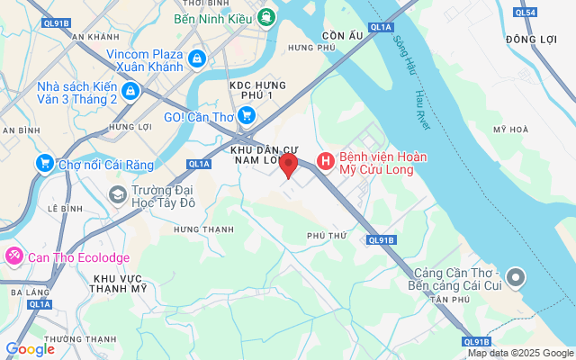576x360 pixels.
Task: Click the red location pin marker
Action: click(x=288, y=165)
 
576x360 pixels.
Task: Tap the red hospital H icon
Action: click(x=325, y=163)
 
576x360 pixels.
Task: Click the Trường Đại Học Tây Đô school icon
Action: click(x=117, y=193)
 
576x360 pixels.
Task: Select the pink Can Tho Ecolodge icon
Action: click(x=13, y=256)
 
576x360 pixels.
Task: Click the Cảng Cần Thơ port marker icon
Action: click(x=516, y=276)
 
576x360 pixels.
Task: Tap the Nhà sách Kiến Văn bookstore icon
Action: click(x=130, y=91)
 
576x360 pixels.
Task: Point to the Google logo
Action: click(x=30, y=349)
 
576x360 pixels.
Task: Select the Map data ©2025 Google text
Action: click(x=520, y=353)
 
